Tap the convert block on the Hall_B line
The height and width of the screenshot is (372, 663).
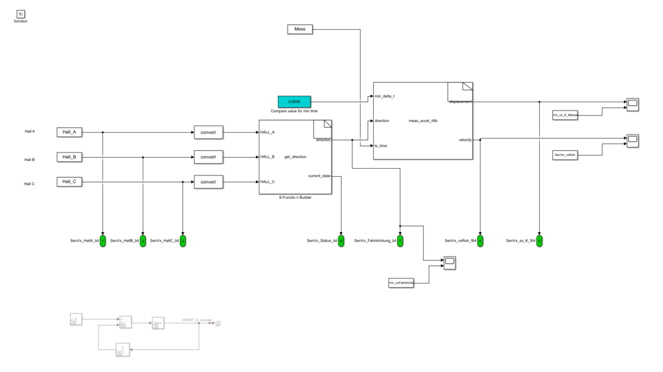coord(208,157)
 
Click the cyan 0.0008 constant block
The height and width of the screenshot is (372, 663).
coord(294,101)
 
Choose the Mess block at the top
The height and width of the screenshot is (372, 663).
coord(300,29)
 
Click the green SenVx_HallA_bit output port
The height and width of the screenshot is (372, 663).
coord(102,241)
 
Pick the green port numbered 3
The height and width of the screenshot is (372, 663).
coord(182,241)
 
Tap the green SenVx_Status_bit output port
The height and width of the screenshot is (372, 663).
coord(341,241)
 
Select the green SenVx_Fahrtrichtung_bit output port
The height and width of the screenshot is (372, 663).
coord(400,241)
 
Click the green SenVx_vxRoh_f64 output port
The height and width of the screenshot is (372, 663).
coord(480,241)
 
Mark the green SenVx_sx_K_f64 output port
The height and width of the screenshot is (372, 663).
coord(539,241)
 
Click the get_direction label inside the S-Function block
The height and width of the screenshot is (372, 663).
coord(296,157)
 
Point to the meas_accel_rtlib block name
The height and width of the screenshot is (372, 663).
coord(424,120)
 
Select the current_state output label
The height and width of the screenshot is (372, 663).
coord(319,176)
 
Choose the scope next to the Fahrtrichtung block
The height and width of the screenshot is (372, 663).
coord(449,263)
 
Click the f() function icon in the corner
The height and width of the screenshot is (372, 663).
coord(21,13)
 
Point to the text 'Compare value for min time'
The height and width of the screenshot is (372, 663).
coord(295,111)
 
